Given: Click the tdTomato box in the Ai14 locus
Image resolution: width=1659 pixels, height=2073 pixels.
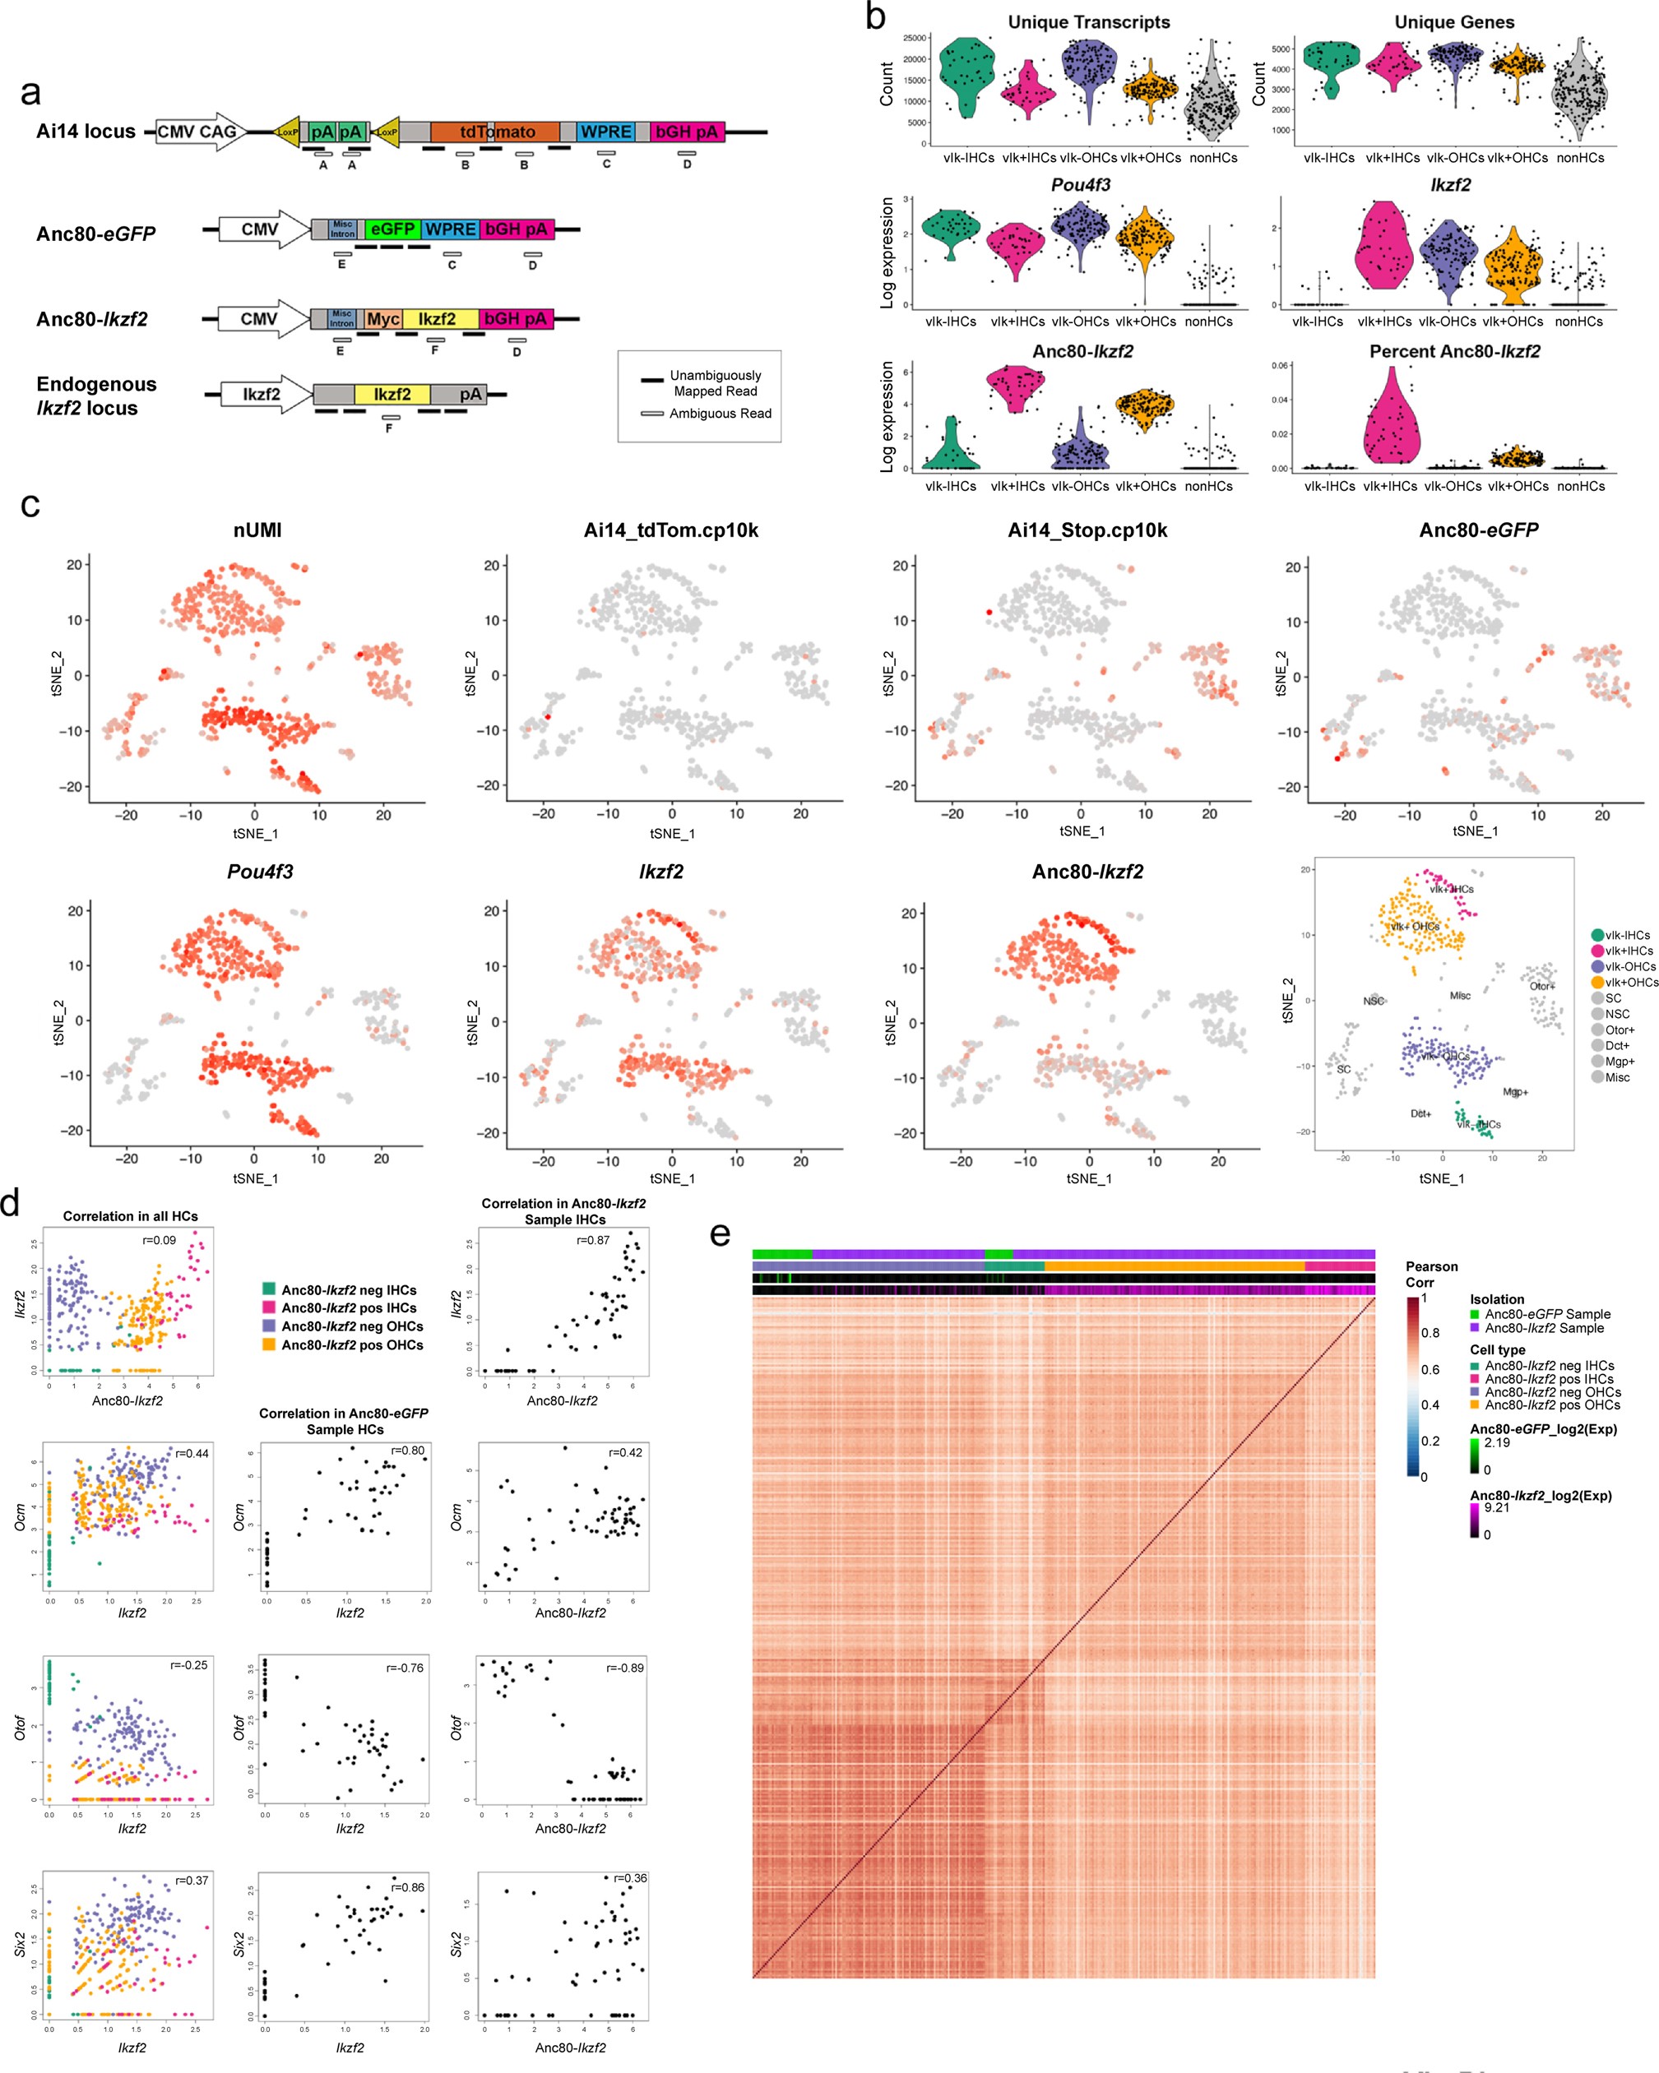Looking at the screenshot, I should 494,132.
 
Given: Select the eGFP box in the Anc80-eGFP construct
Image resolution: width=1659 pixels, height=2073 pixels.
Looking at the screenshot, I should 393,229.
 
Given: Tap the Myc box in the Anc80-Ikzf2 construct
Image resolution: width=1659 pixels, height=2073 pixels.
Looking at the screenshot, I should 382,318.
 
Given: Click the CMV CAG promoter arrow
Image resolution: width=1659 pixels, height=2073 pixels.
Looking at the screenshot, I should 200,132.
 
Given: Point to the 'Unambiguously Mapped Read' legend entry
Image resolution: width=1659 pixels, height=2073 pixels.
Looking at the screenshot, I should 714,382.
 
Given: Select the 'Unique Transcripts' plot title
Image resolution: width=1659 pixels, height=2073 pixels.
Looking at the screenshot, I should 1089,22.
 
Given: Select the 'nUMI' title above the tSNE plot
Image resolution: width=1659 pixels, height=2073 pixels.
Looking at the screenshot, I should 257,530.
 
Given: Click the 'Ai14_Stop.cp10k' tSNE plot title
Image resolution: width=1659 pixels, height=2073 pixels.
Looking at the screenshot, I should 1087,530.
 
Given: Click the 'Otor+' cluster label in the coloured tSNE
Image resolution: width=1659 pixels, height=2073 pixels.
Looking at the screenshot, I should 1541,986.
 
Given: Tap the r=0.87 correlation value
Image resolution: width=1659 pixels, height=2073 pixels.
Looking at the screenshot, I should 592,1239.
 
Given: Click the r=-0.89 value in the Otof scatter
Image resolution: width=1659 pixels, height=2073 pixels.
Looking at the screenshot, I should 625,1668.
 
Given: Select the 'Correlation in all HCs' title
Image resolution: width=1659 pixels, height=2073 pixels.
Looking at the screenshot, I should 130,1216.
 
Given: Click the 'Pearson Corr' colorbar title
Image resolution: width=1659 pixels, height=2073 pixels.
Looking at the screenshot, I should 1431,1274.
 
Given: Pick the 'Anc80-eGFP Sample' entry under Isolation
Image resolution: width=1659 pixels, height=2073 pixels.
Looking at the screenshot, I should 1546,1313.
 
